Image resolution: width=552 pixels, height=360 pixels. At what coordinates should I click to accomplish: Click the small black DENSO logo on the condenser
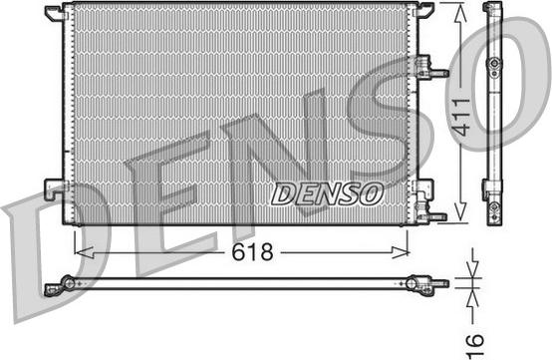click(326, 191)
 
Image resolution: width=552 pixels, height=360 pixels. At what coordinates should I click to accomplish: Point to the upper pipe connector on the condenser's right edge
click(432, 69)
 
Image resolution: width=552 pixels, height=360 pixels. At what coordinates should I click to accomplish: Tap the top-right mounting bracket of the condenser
click(421, 10)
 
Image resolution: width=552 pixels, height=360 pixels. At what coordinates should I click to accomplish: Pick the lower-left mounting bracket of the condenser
click(55, 187)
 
